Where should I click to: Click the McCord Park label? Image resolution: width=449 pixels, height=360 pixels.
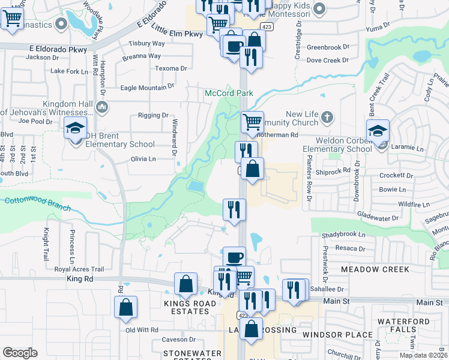[229, 93]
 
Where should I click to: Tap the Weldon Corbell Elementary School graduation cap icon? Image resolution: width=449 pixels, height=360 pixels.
[378, 131]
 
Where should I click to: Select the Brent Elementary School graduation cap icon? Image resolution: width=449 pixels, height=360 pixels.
[76, 128]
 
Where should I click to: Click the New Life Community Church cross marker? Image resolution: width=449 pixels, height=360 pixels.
[327, 116]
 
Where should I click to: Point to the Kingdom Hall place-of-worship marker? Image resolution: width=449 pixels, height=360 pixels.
[101, 107]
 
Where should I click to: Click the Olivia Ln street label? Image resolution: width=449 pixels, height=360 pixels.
[143, 159]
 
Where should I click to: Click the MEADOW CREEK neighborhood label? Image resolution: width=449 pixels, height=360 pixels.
[375, 269]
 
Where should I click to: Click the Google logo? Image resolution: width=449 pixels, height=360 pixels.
[20, 353]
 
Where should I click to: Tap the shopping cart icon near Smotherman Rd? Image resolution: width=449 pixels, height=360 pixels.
[253, 121]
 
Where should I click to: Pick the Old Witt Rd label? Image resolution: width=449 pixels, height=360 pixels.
[142, 330]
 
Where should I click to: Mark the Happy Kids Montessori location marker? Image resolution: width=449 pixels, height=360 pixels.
[319, 8]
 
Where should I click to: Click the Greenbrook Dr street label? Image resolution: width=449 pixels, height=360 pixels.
[328, 47]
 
